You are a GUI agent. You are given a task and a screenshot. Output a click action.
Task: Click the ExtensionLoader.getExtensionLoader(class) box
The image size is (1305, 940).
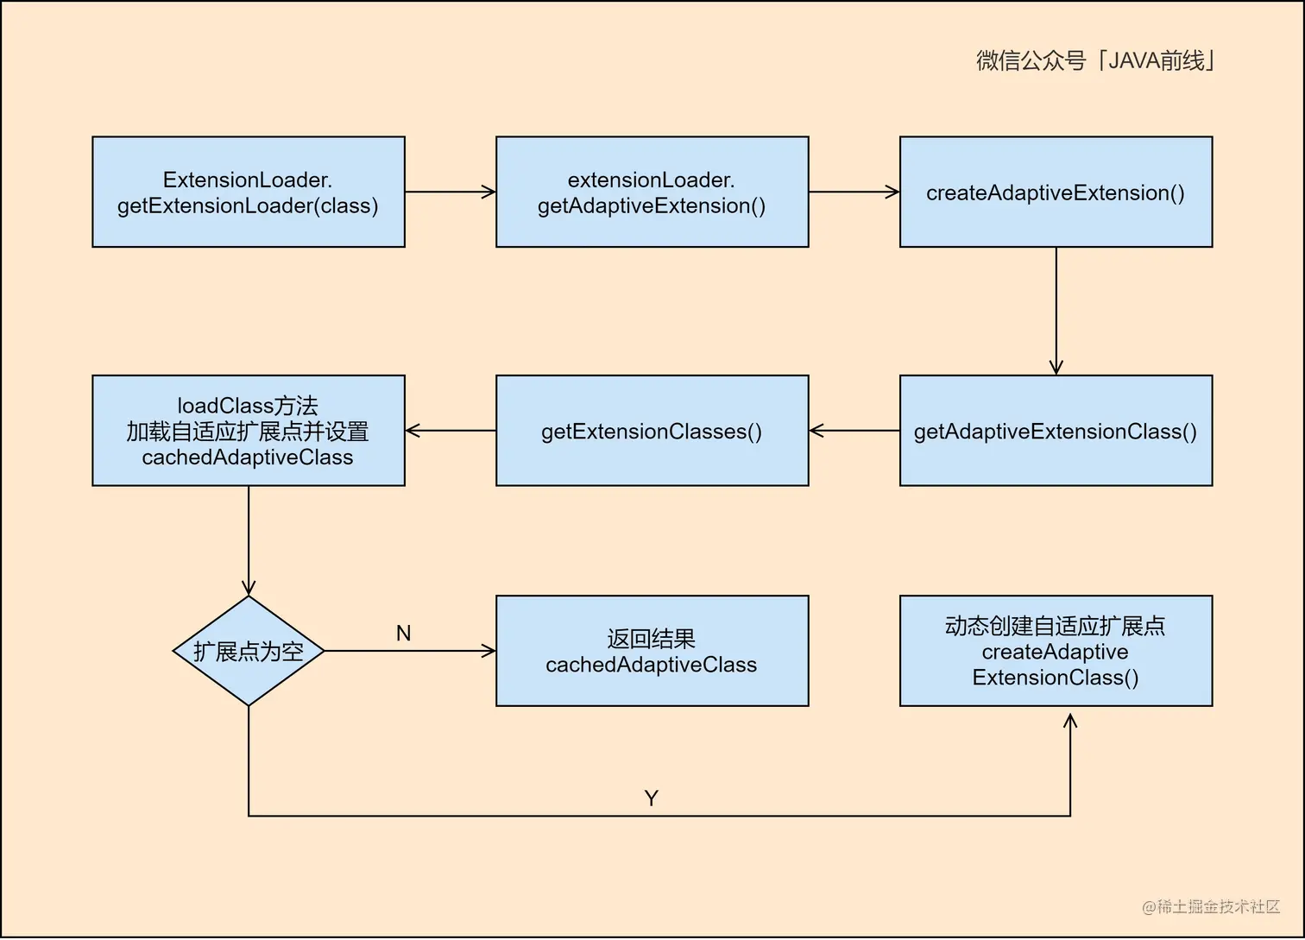point(249,192)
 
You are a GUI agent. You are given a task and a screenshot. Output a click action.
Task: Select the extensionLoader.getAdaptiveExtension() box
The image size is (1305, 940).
point(652,192)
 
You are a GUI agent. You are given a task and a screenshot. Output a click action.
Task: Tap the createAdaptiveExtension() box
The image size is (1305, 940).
point(1056,192)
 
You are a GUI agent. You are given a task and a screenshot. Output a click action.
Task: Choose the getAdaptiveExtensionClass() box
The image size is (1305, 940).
point(1056,431)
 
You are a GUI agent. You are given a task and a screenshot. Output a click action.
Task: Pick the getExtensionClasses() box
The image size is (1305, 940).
point(652,431)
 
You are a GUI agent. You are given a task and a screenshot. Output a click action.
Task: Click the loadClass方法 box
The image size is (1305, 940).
point(249,431)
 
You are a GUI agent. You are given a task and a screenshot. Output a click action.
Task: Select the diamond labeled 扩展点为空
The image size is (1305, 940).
point(249,651)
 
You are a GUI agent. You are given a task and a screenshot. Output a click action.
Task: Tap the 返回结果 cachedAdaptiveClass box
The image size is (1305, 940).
point(652,651)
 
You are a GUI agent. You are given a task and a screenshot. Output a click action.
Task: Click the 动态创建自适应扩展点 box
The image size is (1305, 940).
point(1056,651)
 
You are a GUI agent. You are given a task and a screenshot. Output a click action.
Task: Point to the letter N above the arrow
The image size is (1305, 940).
point(403,634)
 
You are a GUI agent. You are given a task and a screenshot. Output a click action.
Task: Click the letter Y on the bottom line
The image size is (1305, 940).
point(652,798)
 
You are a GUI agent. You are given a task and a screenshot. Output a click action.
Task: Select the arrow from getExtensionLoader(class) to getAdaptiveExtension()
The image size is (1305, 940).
point(450,192)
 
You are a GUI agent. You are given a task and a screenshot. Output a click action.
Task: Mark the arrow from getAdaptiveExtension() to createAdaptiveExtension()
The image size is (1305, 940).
point(854,192)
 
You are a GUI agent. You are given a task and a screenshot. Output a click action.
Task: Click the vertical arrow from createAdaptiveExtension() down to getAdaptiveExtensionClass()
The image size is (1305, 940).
point(1056,311)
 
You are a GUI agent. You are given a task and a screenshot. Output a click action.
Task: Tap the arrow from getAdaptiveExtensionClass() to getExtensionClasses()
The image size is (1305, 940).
point(854,431)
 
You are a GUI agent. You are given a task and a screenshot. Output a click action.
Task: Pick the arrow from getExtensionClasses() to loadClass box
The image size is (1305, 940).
point(450,431)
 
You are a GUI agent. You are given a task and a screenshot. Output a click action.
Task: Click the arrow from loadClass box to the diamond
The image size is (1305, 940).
point(249,540)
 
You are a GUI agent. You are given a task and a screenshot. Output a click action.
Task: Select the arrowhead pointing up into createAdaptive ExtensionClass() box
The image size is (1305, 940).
point(1070,722)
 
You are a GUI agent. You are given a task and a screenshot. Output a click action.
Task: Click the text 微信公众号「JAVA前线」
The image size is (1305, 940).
point(1095,60)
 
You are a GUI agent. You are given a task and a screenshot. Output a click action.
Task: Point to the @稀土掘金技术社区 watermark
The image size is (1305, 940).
point(1211,906)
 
